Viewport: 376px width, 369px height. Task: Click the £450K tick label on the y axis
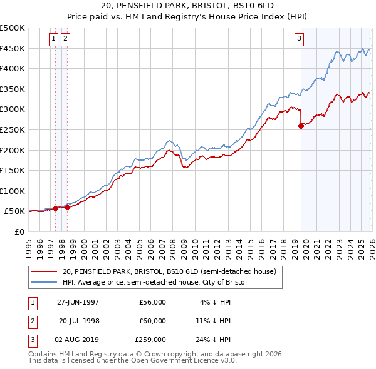(13, 48)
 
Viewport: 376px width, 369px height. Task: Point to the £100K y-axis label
(13, 191)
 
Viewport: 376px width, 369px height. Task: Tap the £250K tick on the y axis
(13, 129)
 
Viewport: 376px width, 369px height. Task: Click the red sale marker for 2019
(301, 126)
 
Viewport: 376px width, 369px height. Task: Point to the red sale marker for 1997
(56, 208)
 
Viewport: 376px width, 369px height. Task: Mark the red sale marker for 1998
(68, 207)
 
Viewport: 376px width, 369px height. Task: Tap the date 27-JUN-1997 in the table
(78, 302)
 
